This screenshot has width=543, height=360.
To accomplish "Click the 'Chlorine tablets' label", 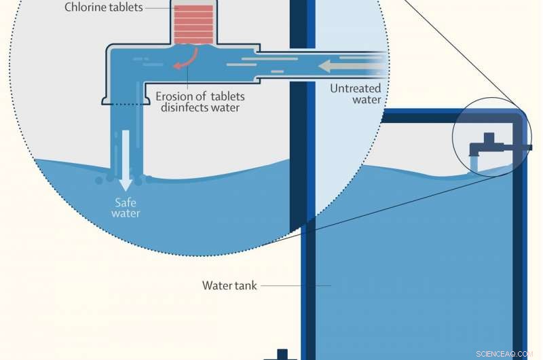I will click(x=104, y=8).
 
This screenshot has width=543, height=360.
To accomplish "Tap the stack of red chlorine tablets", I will click(x=193, y=24).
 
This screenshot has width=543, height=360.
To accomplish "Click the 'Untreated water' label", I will click(x=356, y=94).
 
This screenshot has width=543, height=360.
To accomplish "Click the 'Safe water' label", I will click(x=126, y=206).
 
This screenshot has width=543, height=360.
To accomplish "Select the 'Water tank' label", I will click(x=229, y=285).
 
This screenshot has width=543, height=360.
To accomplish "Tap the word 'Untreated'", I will click(x=356, y=88).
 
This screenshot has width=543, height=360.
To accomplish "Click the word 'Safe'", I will click(x=126, y=201).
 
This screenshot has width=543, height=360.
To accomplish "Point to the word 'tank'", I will click(x=245, y=285).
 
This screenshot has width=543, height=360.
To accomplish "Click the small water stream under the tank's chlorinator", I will click(x=475, y=163).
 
